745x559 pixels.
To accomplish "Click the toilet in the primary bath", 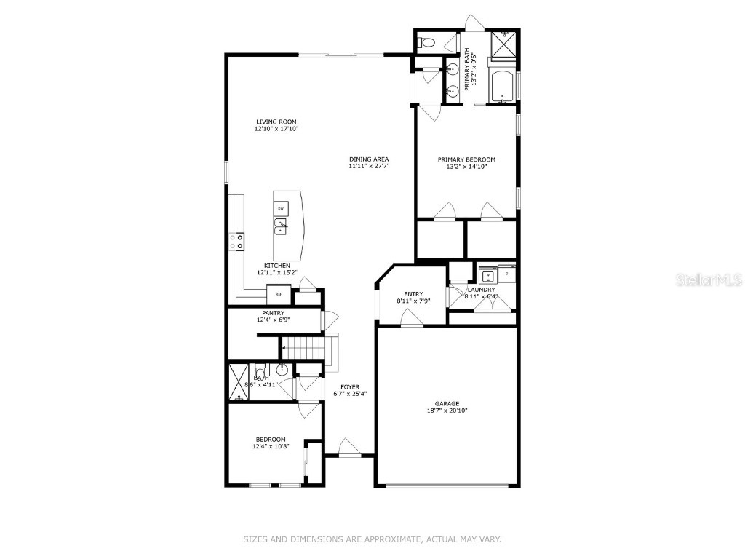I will (429, 43).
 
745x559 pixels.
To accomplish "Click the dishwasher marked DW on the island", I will (280, 209).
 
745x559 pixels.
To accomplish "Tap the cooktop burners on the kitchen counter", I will (237, 241).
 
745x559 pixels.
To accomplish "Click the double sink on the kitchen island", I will (281, 227).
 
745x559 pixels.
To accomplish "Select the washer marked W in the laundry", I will (487, 274).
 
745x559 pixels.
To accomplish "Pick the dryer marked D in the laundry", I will (507, 274).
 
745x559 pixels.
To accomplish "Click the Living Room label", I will (276, 122).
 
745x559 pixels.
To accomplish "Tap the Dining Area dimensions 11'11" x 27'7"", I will (370, 166).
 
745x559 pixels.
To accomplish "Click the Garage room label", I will (447, 403).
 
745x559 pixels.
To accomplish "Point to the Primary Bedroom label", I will (466, 159).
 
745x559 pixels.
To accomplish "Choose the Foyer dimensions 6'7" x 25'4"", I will (350, 394).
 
